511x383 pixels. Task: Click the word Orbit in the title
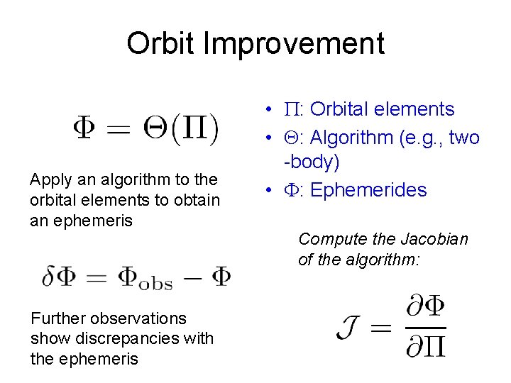click(x=160, y=44)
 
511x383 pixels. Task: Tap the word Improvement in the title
click(x=294, y=44)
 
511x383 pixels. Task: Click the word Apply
click(x=49, y=179)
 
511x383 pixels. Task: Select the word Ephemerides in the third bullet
click(x=368, y=190)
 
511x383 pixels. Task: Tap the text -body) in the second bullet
click(x=312, y=162)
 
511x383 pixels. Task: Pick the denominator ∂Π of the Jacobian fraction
click(x=425, y=345)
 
